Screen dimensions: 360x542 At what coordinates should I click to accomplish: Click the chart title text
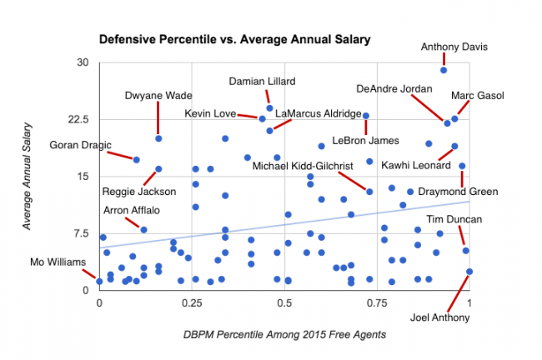pyautogui.click(x=234, y=39)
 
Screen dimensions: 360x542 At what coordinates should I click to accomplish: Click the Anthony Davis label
pyautogui.click(x=454, y=47)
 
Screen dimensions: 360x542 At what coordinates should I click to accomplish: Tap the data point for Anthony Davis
pyautogui.click(x=444, y=70)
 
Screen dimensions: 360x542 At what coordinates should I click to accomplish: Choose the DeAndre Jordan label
pyautogui.click(x=394, y=88)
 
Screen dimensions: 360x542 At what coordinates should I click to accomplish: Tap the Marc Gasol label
pyautogui.click(x=477, y=96)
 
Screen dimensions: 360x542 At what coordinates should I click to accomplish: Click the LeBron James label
pyautogui.click(x=365, y=140)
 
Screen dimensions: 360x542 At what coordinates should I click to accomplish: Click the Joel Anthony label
pyautogui.click(x=440, y=317)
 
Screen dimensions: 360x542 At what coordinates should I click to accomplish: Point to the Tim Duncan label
pyautogui.click(x=454, y=220)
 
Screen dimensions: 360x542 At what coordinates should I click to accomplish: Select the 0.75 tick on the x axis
pyautogui.click(x=378, y=301)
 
